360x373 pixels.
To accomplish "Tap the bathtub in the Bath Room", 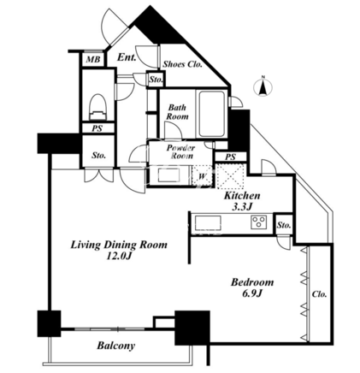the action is [211, 114].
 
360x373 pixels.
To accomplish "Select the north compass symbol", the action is [263, 86].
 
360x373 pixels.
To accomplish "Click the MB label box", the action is [93, 60].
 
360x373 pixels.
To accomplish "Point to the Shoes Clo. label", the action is [182, 64].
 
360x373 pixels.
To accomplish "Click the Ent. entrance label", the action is [127, 57].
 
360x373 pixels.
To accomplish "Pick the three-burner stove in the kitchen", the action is [259, 222].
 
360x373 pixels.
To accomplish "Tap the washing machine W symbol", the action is [202, 176].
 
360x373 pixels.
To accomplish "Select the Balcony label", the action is [115, 346].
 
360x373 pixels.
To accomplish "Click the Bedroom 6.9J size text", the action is [252, 293].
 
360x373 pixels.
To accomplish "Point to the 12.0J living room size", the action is [119, 256].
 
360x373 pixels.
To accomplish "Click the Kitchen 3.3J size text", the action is [242, 206].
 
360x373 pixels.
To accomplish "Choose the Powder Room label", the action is [180, 152].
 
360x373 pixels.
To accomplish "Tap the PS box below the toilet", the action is [97, 128].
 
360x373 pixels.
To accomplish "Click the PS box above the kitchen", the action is [231, 157].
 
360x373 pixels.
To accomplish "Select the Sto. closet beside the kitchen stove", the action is [284, 225].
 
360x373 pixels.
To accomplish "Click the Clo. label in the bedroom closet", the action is [319, 294].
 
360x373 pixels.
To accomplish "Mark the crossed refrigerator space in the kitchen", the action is [230, 176].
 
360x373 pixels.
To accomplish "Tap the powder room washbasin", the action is [168, 175].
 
